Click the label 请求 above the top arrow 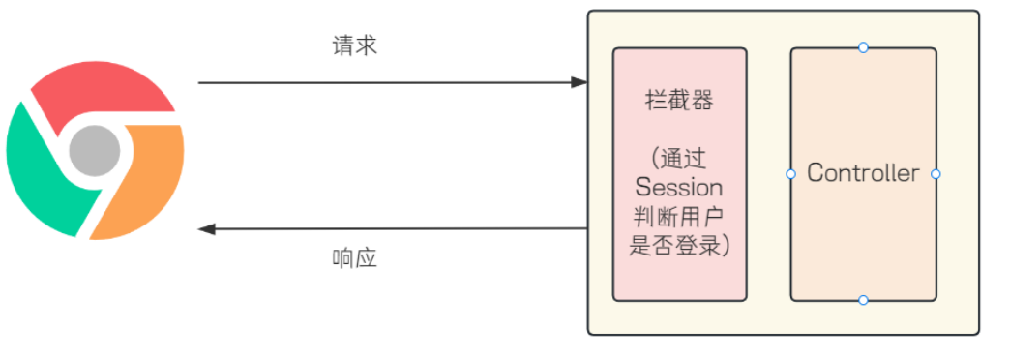[x=353, y=45]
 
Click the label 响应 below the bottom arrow [x=353, y=258]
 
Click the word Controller [x=863, y=173]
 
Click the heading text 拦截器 [x=679, y=101]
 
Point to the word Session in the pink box [x=679, y=186]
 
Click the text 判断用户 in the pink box [x=679, y=216]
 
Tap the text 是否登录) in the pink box [x=679, y=246]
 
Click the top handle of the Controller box [x=863, y=47]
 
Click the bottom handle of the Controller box [x=863, y=300]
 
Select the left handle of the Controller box [x=790, y=174]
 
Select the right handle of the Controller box [x=936, y=174]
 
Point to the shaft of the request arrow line [x=387, y=83]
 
